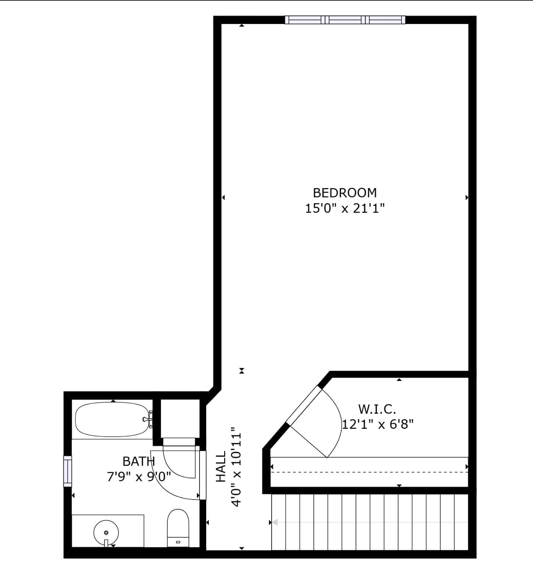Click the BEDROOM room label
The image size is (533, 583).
[345, 193]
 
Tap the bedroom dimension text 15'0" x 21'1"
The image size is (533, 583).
[345, 209]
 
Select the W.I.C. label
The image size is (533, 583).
[377, 409]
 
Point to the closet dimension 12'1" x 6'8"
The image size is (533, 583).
[378, 424]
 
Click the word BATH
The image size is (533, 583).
[139, 461]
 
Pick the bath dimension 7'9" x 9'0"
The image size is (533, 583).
[139, 477]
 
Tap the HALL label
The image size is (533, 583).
[220, 467]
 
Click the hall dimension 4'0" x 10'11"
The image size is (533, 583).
[236, 467]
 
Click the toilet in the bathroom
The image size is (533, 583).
[178, 528]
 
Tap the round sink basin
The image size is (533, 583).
[106, 533]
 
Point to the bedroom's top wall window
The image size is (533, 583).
[345, 20]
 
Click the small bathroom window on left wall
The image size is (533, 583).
[68, 471]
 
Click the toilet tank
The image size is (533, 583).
[178, 542]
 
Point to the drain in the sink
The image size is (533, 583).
[106, 533]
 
